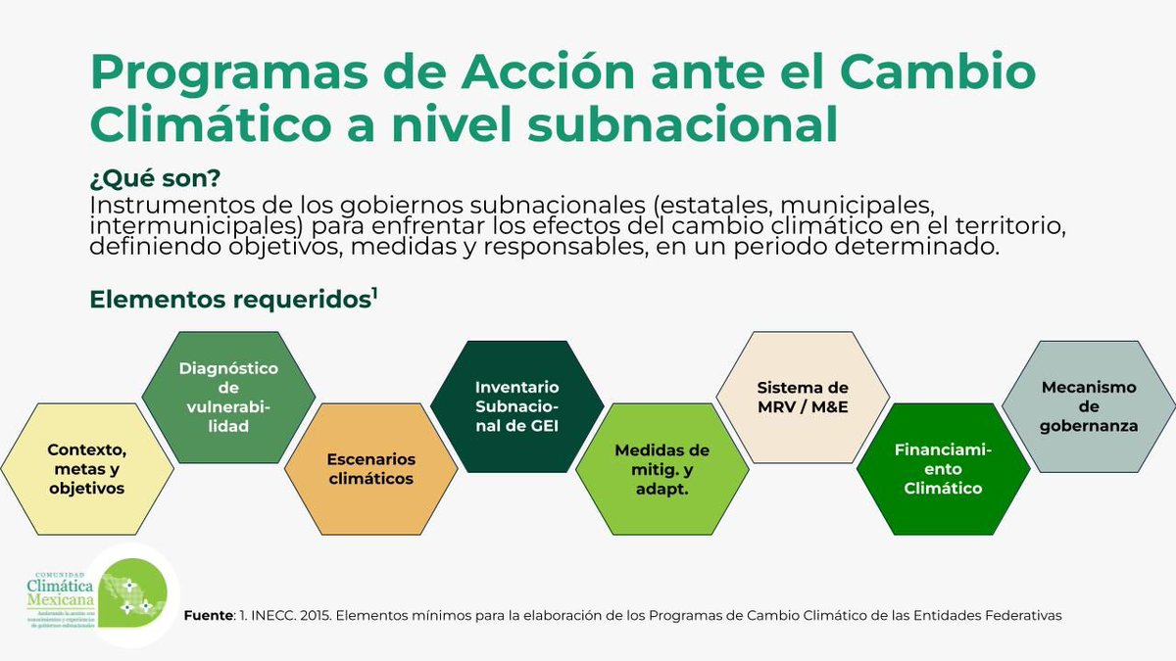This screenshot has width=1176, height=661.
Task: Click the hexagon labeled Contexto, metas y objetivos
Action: [x=87, y=467]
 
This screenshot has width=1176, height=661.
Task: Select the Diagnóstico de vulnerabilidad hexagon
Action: [x=228, y=397]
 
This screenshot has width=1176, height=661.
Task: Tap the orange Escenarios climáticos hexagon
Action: [x=370, y=468]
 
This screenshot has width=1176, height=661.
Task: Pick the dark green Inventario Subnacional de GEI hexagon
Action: [x=516, y=405]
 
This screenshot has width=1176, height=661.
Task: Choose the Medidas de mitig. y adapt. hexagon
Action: [x=661, y=467]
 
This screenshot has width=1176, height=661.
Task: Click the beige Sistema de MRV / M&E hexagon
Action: [x=803, y=397]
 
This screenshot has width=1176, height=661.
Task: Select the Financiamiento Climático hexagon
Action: [x=943, y=467]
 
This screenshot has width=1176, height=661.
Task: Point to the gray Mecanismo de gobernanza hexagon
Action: [x=1089, y=405]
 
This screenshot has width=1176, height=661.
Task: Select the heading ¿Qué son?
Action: [x=154, y=180]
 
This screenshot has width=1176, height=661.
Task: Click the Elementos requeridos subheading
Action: [x=227, y=299]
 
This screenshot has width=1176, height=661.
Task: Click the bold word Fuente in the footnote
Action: [x=208, y=615]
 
